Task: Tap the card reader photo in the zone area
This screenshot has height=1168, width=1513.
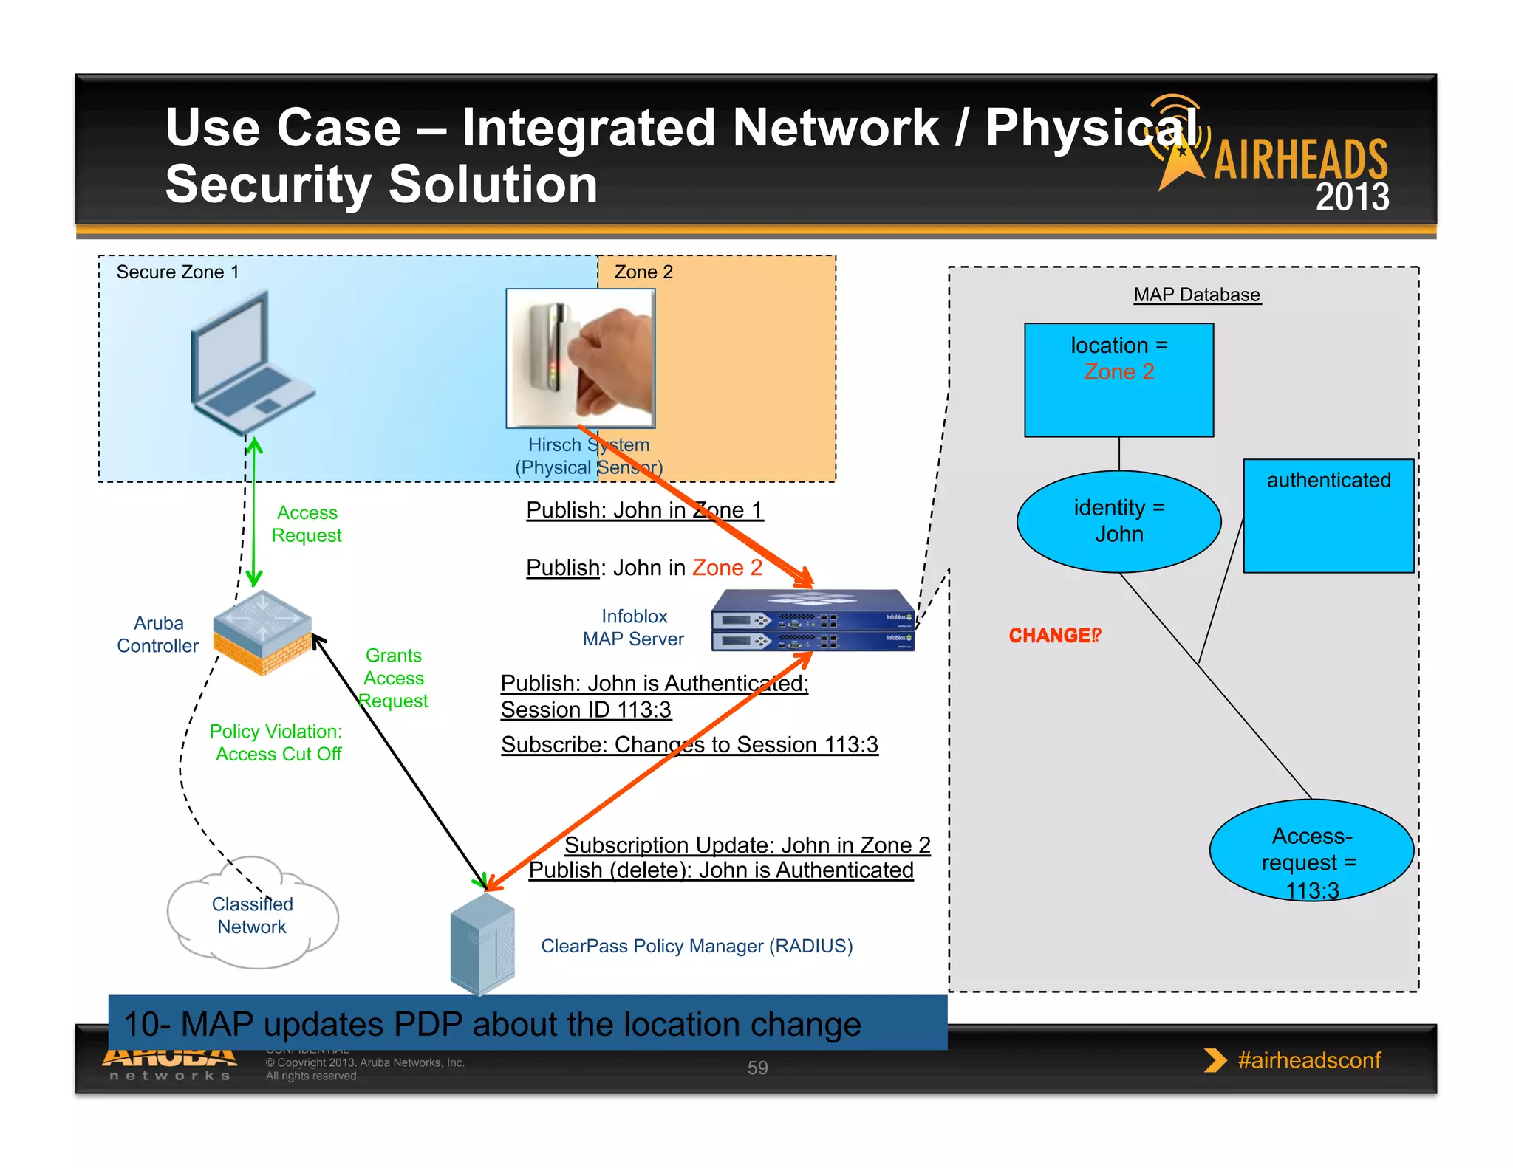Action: coord(581,357)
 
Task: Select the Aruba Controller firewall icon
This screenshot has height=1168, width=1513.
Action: coord(262,633)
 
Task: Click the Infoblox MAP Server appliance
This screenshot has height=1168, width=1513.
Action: coord(813,621)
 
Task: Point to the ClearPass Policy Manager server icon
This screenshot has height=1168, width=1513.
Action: coord(482,945)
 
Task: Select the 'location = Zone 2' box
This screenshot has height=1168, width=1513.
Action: coord(1118,380)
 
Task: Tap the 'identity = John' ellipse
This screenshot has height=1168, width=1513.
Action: coord(1118,521)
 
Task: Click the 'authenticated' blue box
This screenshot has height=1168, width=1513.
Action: coord(1328,516)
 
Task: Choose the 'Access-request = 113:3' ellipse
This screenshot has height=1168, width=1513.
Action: coord(1311,851)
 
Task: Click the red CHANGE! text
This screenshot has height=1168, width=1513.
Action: coord(1054,636)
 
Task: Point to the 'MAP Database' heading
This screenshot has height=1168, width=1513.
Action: coord(1197,295)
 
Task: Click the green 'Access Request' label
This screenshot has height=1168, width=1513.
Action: coord(307,523)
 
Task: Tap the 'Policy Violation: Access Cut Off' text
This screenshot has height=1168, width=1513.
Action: coord(277,743)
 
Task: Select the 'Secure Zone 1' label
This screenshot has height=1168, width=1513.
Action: coord(177,272)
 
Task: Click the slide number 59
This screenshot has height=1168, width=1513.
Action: coord(757,1068)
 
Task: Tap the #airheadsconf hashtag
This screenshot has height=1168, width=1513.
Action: coord(1308,1060)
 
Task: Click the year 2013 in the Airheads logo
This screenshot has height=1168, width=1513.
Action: coord(1351,197)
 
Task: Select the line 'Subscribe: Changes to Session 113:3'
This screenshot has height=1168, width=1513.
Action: coord(689,744)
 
